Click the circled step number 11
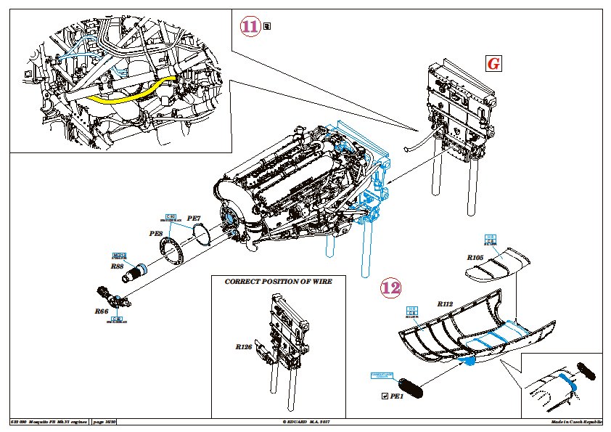[x=250, y=27]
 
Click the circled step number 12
[x=390, y=288]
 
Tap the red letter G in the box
[x=493, y=64]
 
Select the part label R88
[x=118, y=266]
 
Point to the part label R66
[x=101, y=311]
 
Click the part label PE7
[x=194, y=218]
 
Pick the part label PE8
[x=155, y=234]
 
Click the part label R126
[x=243, y=347]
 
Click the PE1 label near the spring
[x=396, y=396]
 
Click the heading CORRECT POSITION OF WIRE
[x=278, y=281]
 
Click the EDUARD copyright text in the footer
[x=310, y=422]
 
